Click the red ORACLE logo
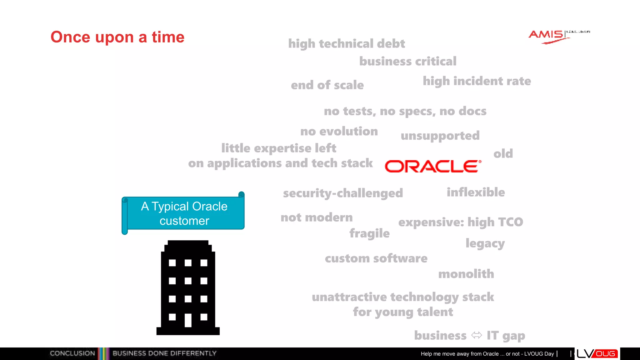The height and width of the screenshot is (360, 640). [433, 166]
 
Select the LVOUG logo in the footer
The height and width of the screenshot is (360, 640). [597, 354]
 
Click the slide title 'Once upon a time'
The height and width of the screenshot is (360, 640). [117, 37]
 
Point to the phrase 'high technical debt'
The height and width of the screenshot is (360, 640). [346, 44]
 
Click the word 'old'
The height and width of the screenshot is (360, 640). [503, 153]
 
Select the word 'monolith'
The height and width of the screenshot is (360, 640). [466, 274]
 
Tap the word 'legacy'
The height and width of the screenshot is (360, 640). [485, 243]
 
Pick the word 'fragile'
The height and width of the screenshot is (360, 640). [369, 233]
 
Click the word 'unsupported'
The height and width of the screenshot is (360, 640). [440, 136]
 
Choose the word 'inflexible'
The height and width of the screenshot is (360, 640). [476, 192]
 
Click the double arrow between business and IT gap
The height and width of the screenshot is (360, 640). [477, 335]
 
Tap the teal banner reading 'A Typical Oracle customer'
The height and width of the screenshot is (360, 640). [184, 213]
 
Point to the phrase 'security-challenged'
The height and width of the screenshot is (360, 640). [343, 193]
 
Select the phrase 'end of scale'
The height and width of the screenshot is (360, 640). [327, 85]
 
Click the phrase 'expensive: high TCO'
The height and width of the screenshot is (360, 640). [461, 222]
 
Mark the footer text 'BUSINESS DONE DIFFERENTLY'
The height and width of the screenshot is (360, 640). [164, 353]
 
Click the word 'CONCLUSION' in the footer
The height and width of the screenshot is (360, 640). [72, 353]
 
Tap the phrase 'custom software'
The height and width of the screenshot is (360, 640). [376, 258]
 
